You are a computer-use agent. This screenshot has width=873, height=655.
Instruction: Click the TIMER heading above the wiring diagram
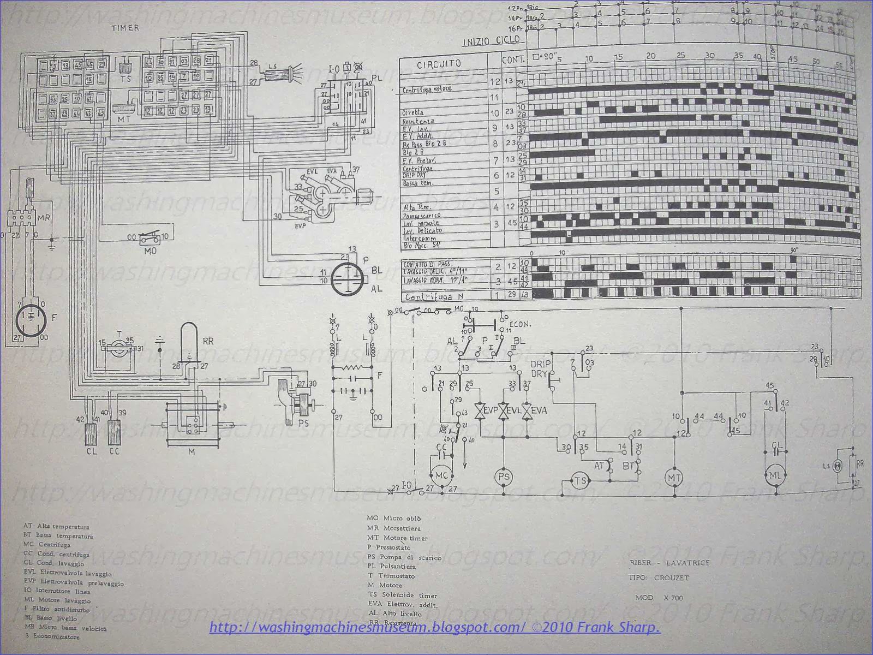pos(125,27)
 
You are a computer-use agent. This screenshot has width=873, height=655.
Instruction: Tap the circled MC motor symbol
pos(441,475)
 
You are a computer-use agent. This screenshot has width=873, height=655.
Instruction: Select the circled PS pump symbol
pos(504,476)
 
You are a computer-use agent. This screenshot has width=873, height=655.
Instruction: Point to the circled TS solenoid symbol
pos(579,480)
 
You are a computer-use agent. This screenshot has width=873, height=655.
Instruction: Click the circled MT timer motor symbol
pos(672,477)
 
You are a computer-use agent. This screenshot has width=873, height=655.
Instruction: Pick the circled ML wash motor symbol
pos(775,474)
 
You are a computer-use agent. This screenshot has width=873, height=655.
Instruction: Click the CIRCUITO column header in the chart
pos(439,63)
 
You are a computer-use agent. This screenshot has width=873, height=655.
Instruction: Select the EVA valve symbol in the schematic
pos(527,410)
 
